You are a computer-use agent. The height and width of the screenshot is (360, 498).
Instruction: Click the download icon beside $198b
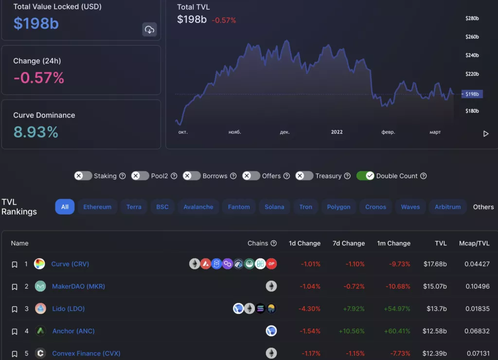(149, 30)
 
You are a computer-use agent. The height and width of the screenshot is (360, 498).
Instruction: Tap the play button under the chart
(485, 134)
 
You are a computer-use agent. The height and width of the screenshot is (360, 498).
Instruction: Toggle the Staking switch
(83, 176)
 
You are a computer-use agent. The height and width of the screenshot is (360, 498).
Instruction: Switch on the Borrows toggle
(192, 176)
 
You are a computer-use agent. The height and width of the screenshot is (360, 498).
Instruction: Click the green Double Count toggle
(365, 176)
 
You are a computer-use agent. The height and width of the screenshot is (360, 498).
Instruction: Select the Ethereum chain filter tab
(97, 207)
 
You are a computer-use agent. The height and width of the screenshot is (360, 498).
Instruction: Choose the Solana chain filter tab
(274, 207)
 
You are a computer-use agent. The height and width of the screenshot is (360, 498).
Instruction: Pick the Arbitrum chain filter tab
(447, 207)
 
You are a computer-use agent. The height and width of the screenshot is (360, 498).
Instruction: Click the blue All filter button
(65, 207)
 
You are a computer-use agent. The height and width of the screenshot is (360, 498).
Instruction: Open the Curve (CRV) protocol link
(70, 264)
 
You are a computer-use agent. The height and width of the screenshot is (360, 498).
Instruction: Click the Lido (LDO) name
(69, 309)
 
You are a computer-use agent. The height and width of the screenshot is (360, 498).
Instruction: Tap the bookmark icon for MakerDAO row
(15, 287)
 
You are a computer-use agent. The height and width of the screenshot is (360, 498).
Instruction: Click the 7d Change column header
(348, 243)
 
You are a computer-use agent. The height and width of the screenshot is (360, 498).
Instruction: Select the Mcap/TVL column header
(474, 243)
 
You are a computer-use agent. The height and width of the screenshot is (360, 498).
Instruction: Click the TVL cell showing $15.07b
(435, 287)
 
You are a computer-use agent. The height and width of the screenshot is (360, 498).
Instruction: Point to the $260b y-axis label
(472, 37)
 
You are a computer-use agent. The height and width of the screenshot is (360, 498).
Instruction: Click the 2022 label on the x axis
(337, 132)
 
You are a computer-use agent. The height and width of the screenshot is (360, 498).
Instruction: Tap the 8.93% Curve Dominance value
(36, 132)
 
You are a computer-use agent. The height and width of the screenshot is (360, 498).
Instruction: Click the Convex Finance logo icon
(41, 353)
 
